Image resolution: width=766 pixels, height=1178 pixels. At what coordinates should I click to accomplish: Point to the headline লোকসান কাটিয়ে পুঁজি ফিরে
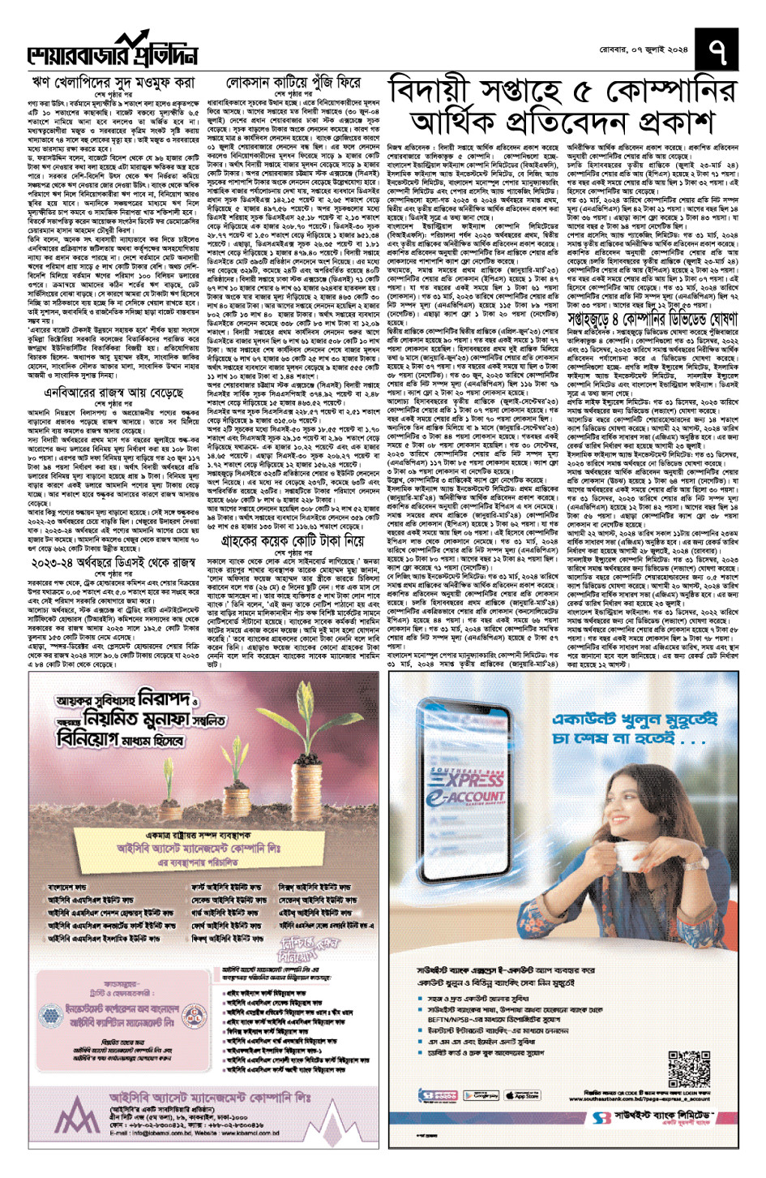293,83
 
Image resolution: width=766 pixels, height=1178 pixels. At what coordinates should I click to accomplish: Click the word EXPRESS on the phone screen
475,780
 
